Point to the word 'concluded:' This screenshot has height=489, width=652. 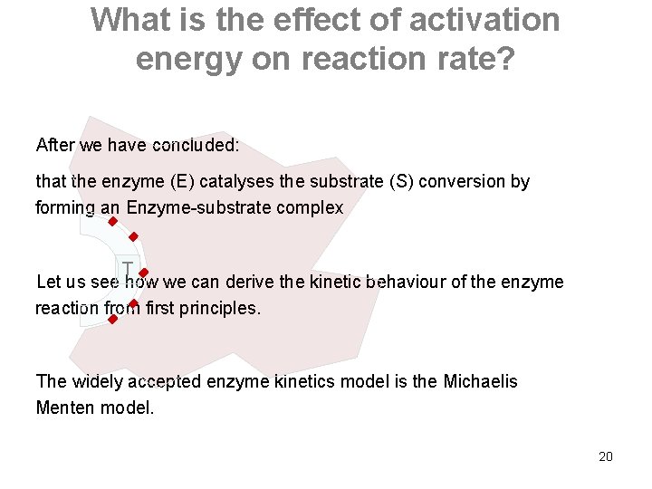click(x=196, y=145)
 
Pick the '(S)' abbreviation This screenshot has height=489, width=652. click(x=401, y=181)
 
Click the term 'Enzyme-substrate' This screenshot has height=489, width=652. click(x=198, y=207)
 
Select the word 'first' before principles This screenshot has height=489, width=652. click(x=159, y=308)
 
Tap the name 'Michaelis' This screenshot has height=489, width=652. click(x=480, y=381)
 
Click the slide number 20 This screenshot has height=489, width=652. click(x=606, y=456)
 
